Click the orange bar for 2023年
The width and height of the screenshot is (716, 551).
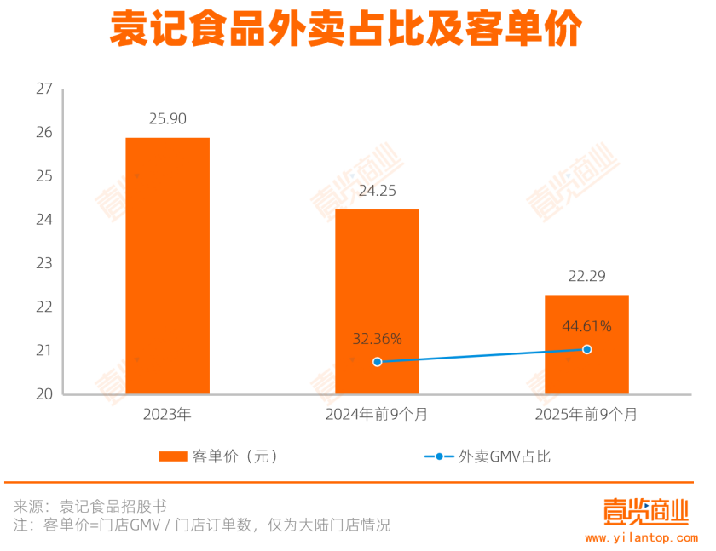point(168,266)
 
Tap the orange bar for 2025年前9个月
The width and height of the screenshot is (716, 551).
point(586,344)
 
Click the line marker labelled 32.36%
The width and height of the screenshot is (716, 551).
point(378,362)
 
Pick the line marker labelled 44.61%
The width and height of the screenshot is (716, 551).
point(586,349)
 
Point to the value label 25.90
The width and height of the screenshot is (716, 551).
point(168,119)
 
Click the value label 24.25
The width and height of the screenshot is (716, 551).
point(377,191)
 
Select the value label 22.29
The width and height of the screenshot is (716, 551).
point(586,276)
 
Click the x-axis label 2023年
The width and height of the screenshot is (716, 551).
point(168,416)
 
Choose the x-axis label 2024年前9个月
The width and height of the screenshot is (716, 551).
point(377,416)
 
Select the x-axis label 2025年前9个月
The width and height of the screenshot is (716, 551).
point(586,416)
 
